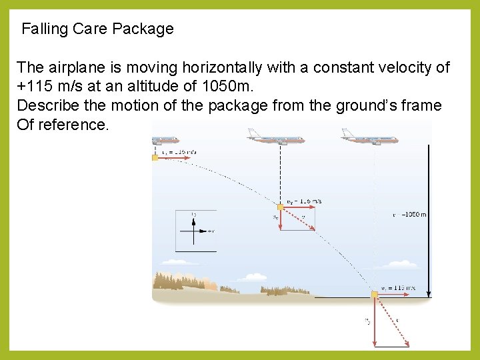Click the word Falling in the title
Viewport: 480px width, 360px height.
[44, 29]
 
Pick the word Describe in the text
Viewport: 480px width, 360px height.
[45, 105]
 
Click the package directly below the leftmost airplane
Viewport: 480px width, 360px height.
[155, 158]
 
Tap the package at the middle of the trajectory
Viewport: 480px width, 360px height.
[281, 207]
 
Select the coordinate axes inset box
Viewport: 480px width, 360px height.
[196, 231]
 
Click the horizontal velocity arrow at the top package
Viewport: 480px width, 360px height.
[173, 158]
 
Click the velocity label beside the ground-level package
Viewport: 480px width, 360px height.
[397, 288]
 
